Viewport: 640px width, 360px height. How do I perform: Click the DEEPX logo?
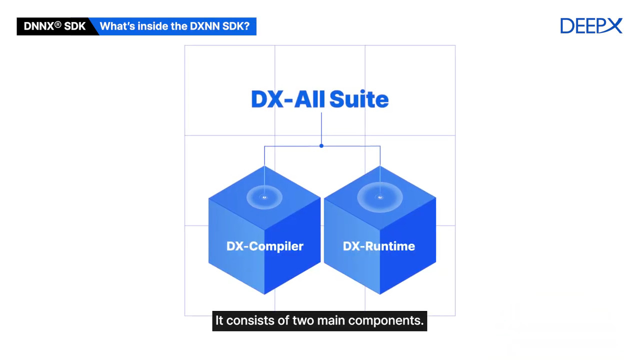[x=591, y=26]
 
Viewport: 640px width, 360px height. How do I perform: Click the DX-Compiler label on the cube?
[x=264, y=246]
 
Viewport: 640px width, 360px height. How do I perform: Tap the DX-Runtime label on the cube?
[x=378, y=246]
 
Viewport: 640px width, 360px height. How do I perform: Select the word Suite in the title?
[x=358, y=99]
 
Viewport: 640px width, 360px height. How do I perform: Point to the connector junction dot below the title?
[x=321, y=146]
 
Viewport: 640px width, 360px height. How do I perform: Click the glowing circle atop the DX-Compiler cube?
[x=264, y=197]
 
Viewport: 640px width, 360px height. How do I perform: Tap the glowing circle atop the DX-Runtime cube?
[x=380, y=197]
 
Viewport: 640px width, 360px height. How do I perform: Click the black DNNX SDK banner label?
[x=54, y=26]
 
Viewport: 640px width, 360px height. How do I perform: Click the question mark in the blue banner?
[x=246, y=26]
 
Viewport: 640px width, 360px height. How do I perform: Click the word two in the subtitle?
[x=303, y=320]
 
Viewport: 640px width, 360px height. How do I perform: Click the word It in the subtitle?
[x=219, y=320]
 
